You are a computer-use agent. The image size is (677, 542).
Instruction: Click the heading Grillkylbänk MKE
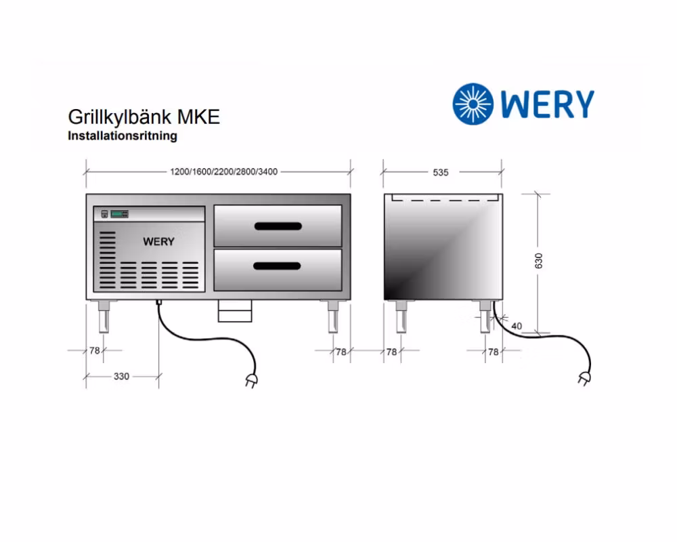point(144,117)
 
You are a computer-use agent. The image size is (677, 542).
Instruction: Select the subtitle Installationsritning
point(123,135)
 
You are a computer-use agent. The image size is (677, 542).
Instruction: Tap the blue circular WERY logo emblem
point(473,104)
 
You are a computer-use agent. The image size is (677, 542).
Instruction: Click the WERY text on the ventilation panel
point(158,242)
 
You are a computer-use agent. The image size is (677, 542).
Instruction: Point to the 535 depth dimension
point(441,173)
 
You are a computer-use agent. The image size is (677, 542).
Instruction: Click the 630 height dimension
point(538,261)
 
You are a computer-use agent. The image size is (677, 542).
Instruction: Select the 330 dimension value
point(121,377)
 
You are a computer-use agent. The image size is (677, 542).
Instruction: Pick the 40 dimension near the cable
point(517,326)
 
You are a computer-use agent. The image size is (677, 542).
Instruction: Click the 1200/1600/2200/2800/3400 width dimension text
point(223,171)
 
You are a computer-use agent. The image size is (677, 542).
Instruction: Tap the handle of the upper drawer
point(278,226)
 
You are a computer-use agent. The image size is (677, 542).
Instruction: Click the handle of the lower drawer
point(277,266)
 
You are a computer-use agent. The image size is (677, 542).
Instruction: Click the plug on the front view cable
point(251,380)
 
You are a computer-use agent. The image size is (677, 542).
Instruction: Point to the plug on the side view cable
point(585,379)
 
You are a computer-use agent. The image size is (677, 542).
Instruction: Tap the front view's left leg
point(104,316)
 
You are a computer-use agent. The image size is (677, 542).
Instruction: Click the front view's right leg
point(333,316)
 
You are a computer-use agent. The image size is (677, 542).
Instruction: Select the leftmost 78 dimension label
point(95,350)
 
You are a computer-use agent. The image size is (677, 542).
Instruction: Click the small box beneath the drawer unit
point(235,311)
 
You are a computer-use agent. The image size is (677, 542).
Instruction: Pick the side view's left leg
point(401,316)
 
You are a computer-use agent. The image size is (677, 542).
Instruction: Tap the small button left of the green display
point(104,213)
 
